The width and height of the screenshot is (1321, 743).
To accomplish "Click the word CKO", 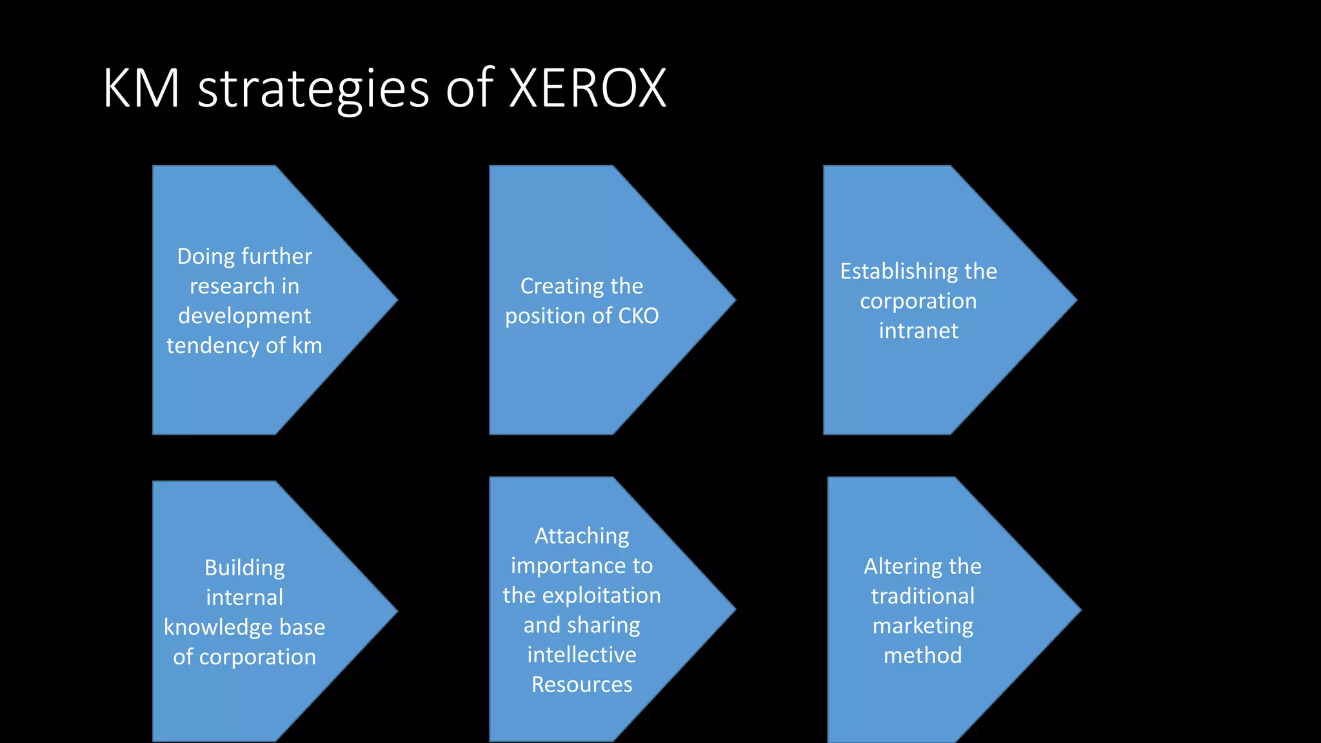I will [x=638, y=316].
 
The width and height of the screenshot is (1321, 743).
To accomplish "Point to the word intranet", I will [x=919, y=331].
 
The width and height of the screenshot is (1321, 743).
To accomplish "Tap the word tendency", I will [x=213, y=346].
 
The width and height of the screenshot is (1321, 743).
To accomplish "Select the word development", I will [x=244, y=316].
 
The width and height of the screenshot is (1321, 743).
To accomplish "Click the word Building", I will [x=244, y=568].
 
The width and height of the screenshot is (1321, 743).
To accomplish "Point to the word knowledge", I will [x=218, y=628].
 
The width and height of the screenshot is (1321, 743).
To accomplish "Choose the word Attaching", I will [x=582, y=536].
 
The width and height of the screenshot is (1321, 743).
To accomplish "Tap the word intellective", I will [x=582, y=655].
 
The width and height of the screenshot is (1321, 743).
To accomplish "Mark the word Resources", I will [x=582, y=684].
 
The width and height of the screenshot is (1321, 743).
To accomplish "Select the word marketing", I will [x=922, y=626].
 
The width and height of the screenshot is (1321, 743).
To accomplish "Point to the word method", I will [x=922, y=655].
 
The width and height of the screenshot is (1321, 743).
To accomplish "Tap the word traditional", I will [x=922, y=596].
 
